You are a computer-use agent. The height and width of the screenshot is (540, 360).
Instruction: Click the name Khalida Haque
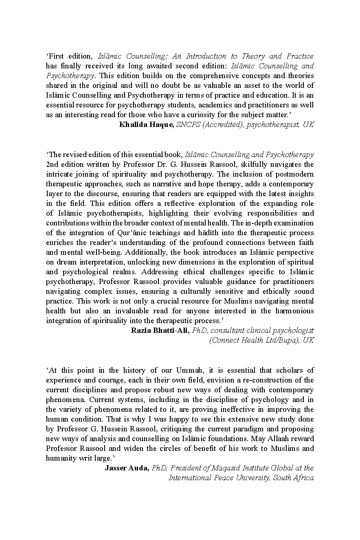tap(146, 125)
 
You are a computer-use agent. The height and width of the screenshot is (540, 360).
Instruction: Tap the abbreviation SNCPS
tap(189, 125)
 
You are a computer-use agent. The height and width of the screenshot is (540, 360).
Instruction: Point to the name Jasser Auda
tap(127, 468)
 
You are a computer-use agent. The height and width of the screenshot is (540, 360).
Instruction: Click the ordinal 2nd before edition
tap(53, 164)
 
